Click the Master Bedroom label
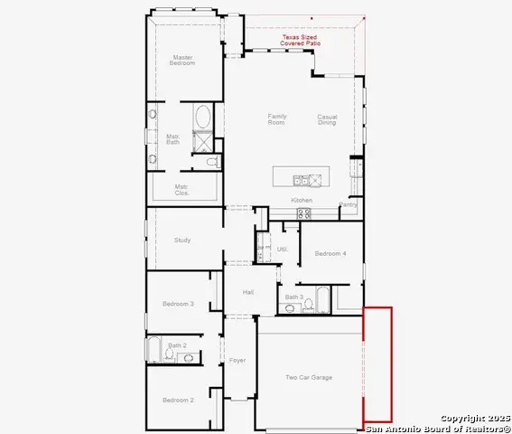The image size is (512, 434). pos(183,61)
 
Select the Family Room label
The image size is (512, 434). pos(276,118)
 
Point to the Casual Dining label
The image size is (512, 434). pos(326,118)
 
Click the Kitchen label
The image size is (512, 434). pos(301,200)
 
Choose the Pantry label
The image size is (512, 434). pos(348,204)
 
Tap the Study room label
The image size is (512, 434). pos(182,240)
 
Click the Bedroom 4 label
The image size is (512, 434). pos(330,254)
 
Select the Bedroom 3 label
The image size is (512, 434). pos(179,304)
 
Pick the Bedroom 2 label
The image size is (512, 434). pos(178,400)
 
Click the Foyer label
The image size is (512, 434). pos(237,360)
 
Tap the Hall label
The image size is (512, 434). pos(247,292)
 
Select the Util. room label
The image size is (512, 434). pos(282,249)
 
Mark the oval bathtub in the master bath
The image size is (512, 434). pos(204,118)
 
